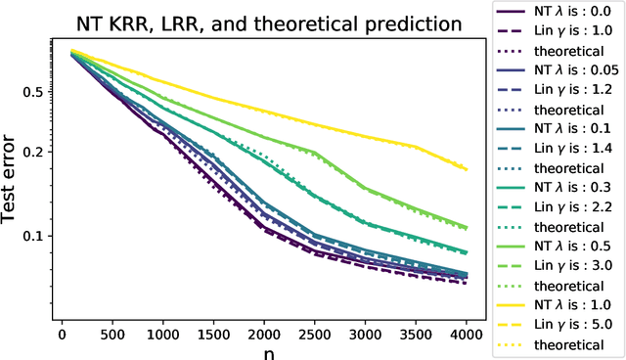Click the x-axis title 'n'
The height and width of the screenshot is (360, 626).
[x=265, y=350]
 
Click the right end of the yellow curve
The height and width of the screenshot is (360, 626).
[x=467, y=168]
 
